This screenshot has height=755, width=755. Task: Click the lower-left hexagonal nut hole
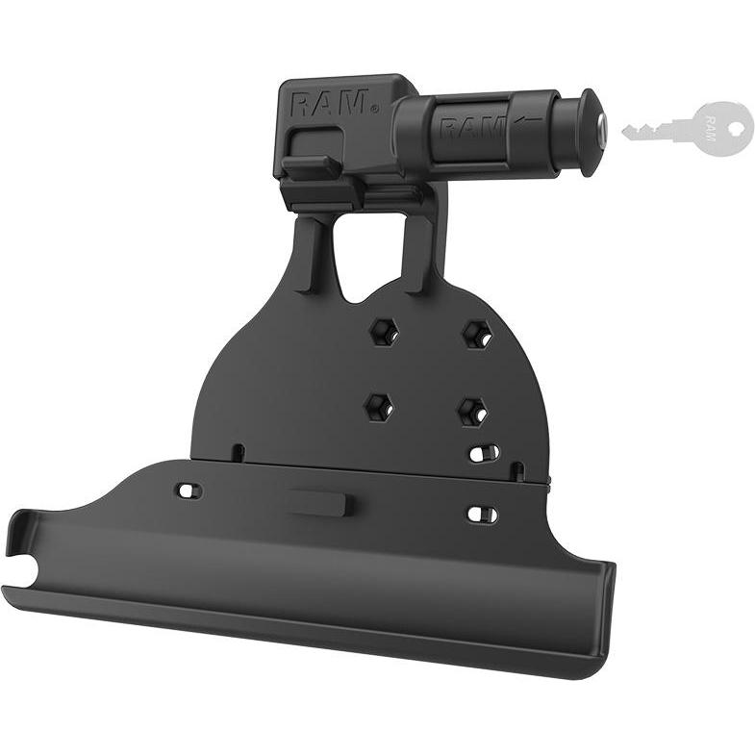point(378,407)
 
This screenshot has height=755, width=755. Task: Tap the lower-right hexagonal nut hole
point(471,412)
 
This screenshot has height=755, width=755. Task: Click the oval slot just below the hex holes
point(483,453)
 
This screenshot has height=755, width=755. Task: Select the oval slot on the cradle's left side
point(189,491)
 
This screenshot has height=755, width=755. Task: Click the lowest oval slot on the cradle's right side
point(483,515)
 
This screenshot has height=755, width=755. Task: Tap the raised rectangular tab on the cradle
point(320,503)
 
